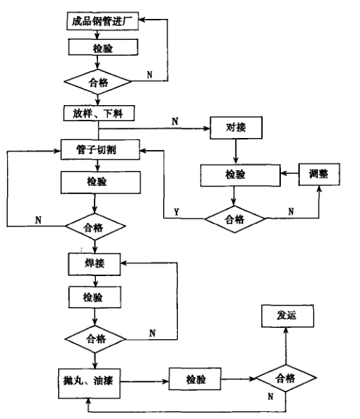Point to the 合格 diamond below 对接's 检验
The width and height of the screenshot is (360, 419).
coord(234,219)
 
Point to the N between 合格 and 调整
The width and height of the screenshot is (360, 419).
coord(291,210)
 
